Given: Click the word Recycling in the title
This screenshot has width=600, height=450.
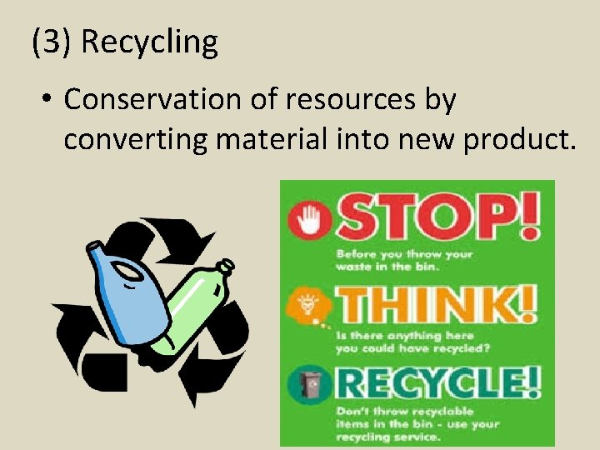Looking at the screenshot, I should pyautogui.click(x=150, y=42).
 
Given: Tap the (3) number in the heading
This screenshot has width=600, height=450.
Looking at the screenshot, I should pyautogui.click(x=52, y=42).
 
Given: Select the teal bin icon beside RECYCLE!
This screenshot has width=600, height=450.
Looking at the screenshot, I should pyautogui.click(x=310, y=384).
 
